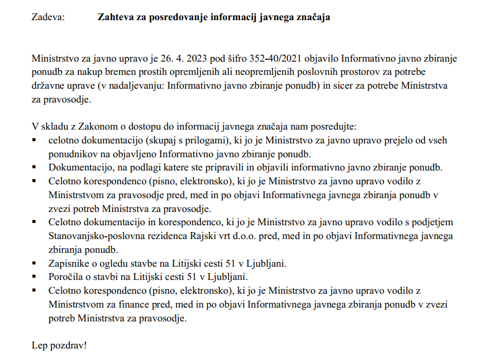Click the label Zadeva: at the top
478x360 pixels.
tap(48, 17)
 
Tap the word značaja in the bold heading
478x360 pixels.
tap(312, 17)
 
